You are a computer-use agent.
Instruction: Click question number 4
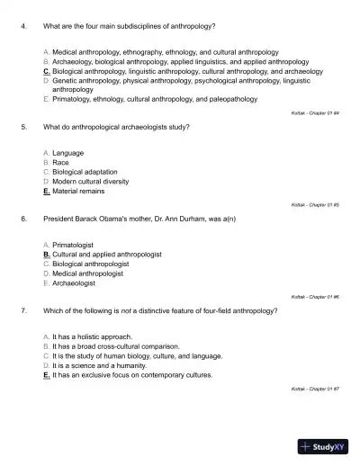coord(22,27)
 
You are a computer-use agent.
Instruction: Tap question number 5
coord(22,128)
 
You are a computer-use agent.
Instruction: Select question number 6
coord(22,219)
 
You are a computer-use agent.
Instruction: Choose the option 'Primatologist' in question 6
coord(77,245)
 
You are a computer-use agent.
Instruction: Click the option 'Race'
coord(63,163)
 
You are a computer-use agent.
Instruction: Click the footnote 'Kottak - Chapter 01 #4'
coord(319,112)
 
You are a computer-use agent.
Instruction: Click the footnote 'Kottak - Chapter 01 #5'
coord(319,204)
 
